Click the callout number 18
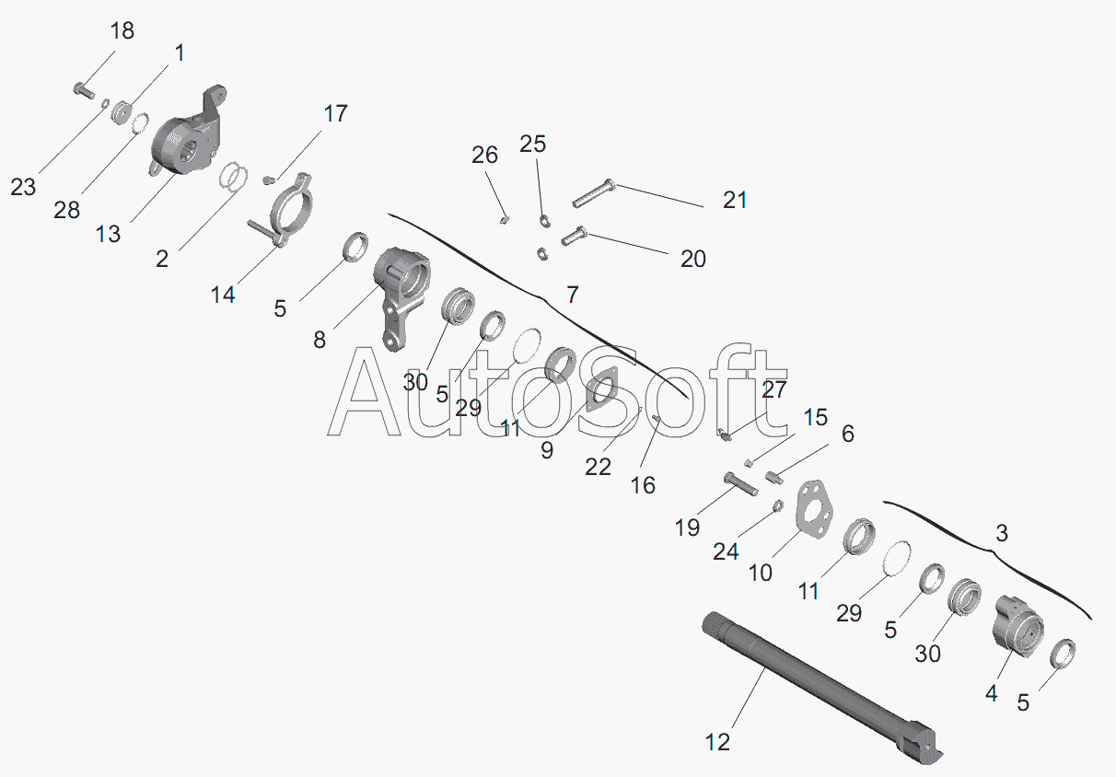pos(122,31)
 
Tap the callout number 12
pos(717,743)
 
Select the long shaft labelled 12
pos(822,688)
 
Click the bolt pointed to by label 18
pos(84,90)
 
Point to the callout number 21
pos(735,200)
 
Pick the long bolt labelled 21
pos(594,192)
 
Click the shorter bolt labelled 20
pos(574,236)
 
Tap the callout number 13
pos(108,234)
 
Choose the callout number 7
pos(573,295)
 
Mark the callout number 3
pos(1002,533)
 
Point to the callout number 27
pos(773,390)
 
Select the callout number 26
pos(484,156)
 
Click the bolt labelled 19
pos(741,484)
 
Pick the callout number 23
pos(23,187)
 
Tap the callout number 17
pos(335,113)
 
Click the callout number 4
pos(991,693)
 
